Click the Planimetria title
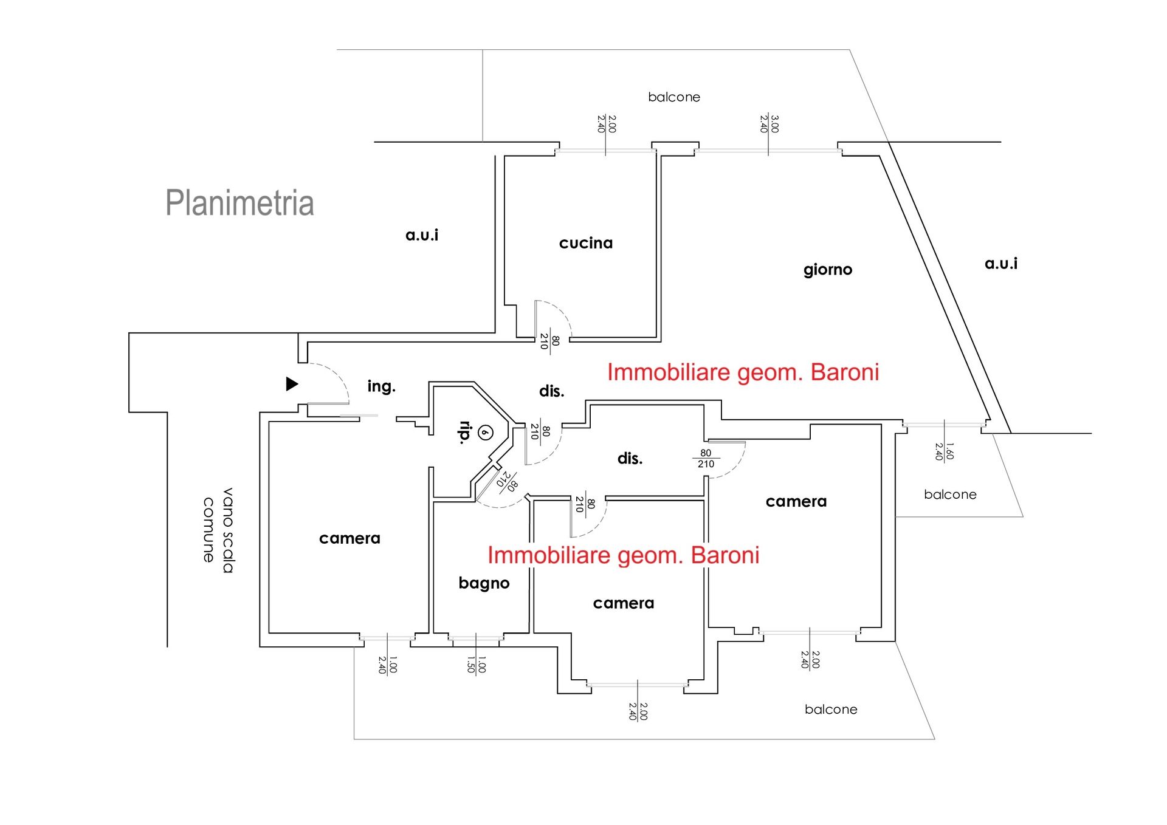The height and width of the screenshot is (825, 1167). click(x=239, y=203)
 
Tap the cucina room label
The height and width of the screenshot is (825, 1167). click(x=586, y=243)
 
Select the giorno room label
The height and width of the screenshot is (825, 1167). click(x=828, y=270)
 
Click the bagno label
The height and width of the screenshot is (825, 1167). click(x=484, y=583)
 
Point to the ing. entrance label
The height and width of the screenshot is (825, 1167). click(x=381, y=386)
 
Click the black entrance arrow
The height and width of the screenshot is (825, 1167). click(x=292, y=384)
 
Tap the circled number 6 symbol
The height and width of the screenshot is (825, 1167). click(x=485, y=433)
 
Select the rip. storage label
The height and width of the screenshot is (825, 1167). click(x=465, y=433)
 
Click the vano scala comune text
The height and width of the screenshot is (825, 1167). click(x=218, y=530)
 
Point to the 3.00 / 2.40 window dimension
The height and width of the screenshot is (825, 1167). click(x=769, y=124)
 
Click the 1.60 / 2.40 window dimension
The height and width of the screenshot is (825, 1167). click(x=945, y=451)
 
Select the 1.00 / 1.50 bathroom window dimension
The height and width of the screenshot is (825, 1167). click(x=476, y=665)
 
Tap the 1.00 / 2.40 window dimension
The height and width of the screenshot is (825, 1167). click(x=387, y=665)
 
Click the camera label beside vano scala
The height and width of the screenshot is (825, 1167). click(x=349, y=538)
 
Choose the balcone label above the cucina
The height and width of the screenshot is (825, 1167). click(x=674, y=97)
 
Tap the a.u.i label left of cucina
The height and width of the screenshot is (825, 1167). click(x=422, y=235)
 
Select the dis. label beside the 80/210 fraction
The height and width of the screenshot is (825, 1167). click(x=630, y=459)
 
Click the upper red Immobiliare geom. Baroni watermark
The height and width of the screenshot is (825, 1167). click(x=743, y=372)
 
